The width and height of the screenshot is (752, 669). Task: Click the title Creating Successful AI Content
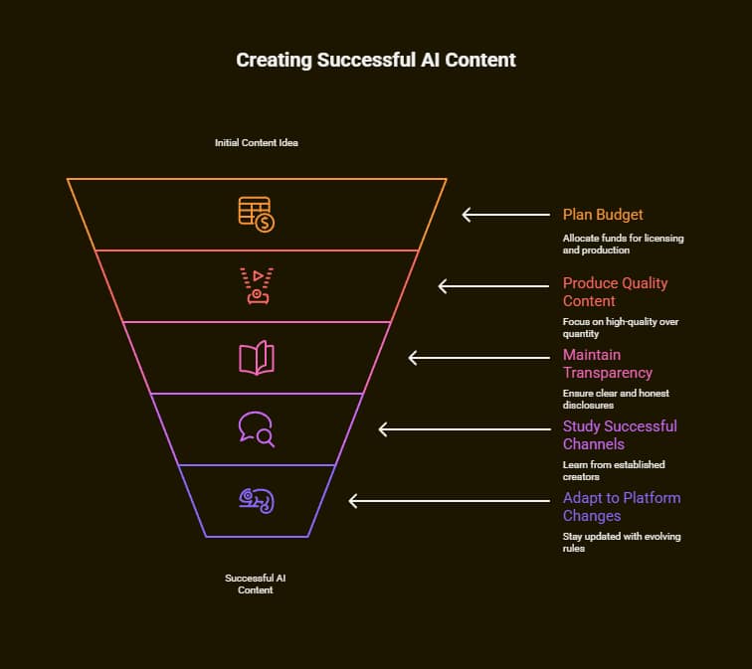(x=376, y=60)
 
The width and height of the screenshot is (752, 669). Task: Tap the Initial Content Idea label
(x=257, y=143)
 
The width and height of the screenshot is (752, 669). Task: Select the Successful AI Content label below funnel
(x=256, y=584)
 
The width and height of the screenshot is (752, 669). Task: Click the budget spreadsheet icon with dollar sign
(x=257, y=215)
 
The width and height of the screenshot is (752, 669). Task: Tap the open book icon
(x=257, y=358)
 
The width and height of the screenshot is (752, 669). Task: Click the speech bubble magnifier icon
(x=257, y=429)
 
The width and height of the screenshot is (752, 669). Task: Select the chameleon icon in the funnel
(x=257, y=500)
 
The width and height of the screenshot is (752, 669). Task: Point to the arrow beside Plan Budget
(x=505, y=215)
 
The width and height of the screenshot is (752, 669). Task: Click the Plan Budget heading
(x=603, y=215)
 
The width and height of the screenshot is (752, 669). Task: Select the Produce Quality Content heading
(x=615, y=292)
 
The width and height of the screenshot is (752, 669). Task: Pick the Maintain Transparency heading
(x=607, y=364)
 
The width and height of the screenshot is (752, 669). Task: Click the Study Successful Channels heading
(x=619, y=435)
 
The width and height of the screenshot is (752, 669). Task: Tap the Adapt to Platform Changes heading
(x=621, y=507)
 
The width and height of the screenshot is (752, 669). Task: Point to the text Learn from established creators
(x=613, y=471)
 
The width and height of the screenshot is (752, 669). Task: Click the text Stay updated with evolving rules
(x=621, y=543)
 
